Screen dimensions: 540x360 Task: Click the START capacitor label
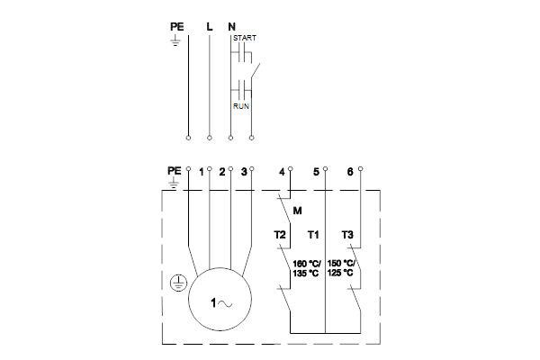[x=245, y=38]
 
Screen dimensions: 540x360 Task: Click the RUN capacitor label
[x=241, y=106]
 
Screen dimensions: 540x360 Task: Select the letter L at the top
[x=210, y=26]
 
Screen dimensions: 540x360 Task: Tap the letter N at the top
[x=232, y=26]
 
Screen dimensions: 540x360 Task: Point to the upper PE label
[x=177, y=26]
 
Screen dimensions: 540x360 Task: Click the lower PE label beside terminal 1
[x=175, y=170]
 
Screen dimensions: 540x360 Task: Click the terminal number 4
[x=282, y=172]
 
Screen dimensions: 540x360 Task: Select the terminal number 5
[x=316, y=172]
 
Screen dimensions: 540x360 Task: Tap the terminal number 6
[x=350, y=172]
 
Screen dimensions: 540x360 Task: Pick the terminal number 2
[x=222, y=172]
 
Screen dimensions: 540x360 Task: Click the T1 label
[x=313, y=235]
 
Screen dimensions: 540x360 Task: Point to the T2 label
[x=280, y=235]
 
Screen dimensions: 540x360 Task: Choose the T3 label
[x=347, y=235]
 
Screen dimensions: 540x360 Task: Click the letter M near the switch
[x=297, y=211]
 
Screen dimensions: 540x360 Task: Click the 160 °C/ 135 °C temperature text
[x=307, y=269]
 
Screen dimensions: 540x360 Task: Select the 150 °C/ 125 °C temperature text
[x=340, y=268]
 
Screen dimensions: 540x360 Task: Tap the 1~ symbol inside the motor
[x=221, y=303]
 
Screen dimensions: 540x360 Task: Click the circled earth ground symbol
[x=178, y=283]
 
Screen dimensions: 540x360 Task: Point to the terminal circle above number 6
[x=361, y=169]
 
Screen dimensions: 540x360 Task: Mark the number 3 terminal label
[x=244, y=172]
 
